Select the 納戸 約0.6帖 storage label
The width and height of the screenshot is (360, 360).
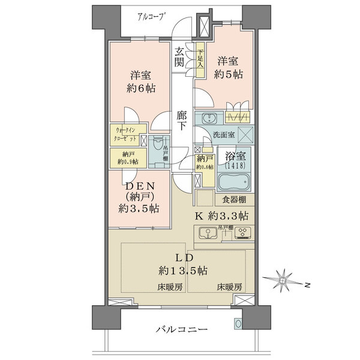205,161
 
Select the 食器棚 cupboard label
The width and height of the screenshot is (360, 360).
234,200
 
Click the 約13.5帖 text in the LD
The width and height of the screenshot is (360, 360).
184,270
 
